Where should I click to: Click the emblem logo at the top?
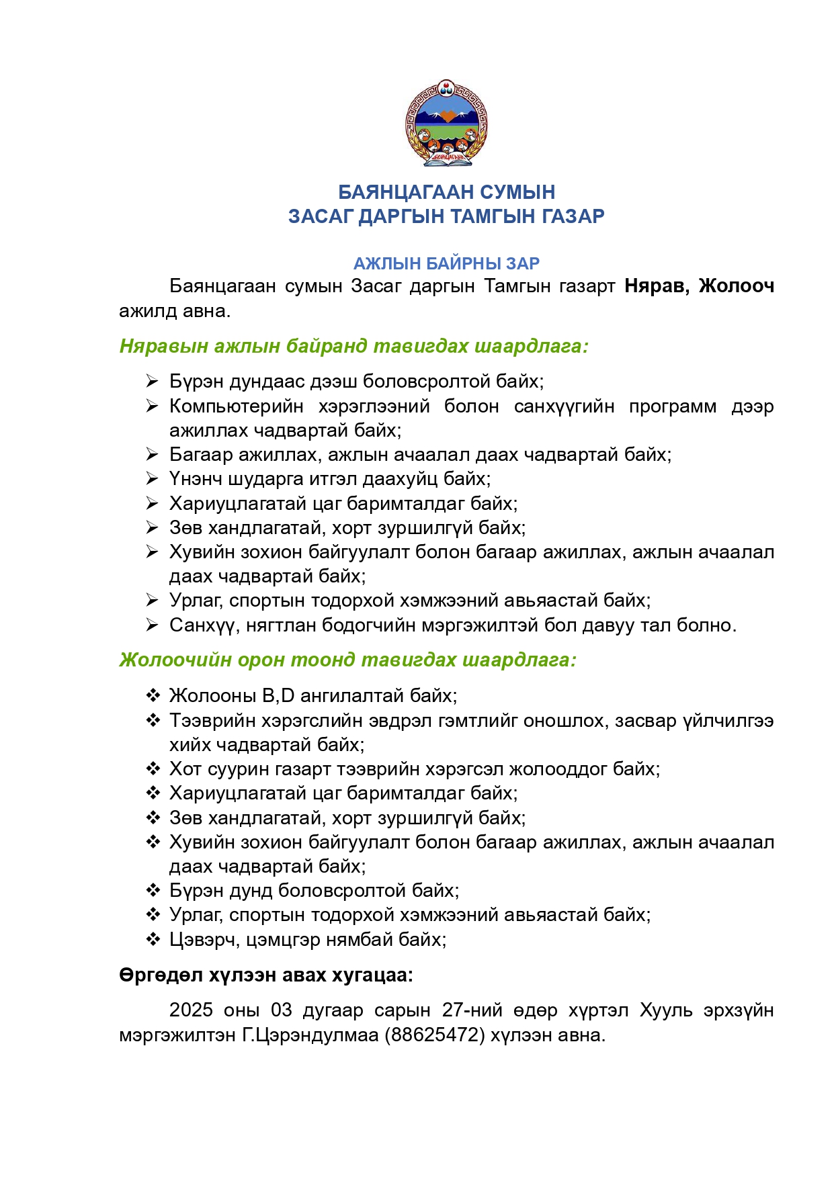[x=446, y=123]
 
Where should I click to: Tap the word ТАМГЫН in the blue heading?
[x=491, y=216]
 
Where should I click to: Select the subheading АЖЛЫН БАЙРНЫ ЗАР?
[x=446, y=263]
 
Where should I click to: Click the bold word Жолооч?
[x=736, y=286]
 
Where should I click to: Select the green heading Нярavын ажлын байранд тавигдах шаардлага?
[x=353, y=346]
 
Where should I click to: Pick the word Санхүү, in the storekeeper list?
[x=203, y=625]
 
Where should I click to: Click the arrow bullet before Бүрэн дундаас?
[x=152, y=382]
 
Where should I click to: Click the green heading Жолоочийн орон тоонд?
[x=347, y=660]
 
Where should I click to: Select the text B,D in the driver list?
[x=278, y=695]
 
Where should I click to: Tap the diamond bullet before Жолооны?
[x=153, y=695]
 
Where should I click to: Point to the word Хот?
[x=185, y=769]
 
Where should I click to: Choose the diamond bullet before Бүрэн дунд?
[x=153, y=891]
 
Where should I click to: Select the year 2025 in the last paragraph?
[x=191, y=1010]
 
